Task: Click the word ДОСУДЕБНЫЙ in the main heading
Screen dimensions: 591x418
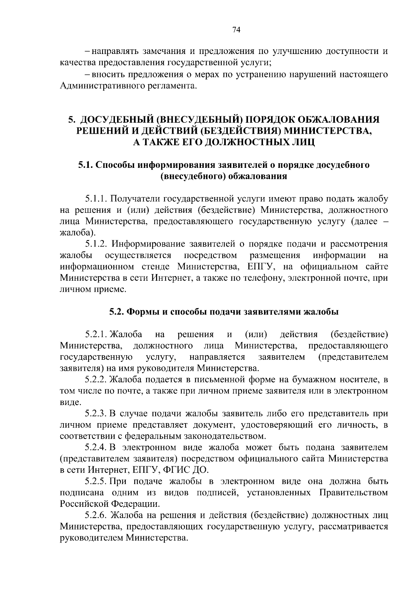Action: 118,119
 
